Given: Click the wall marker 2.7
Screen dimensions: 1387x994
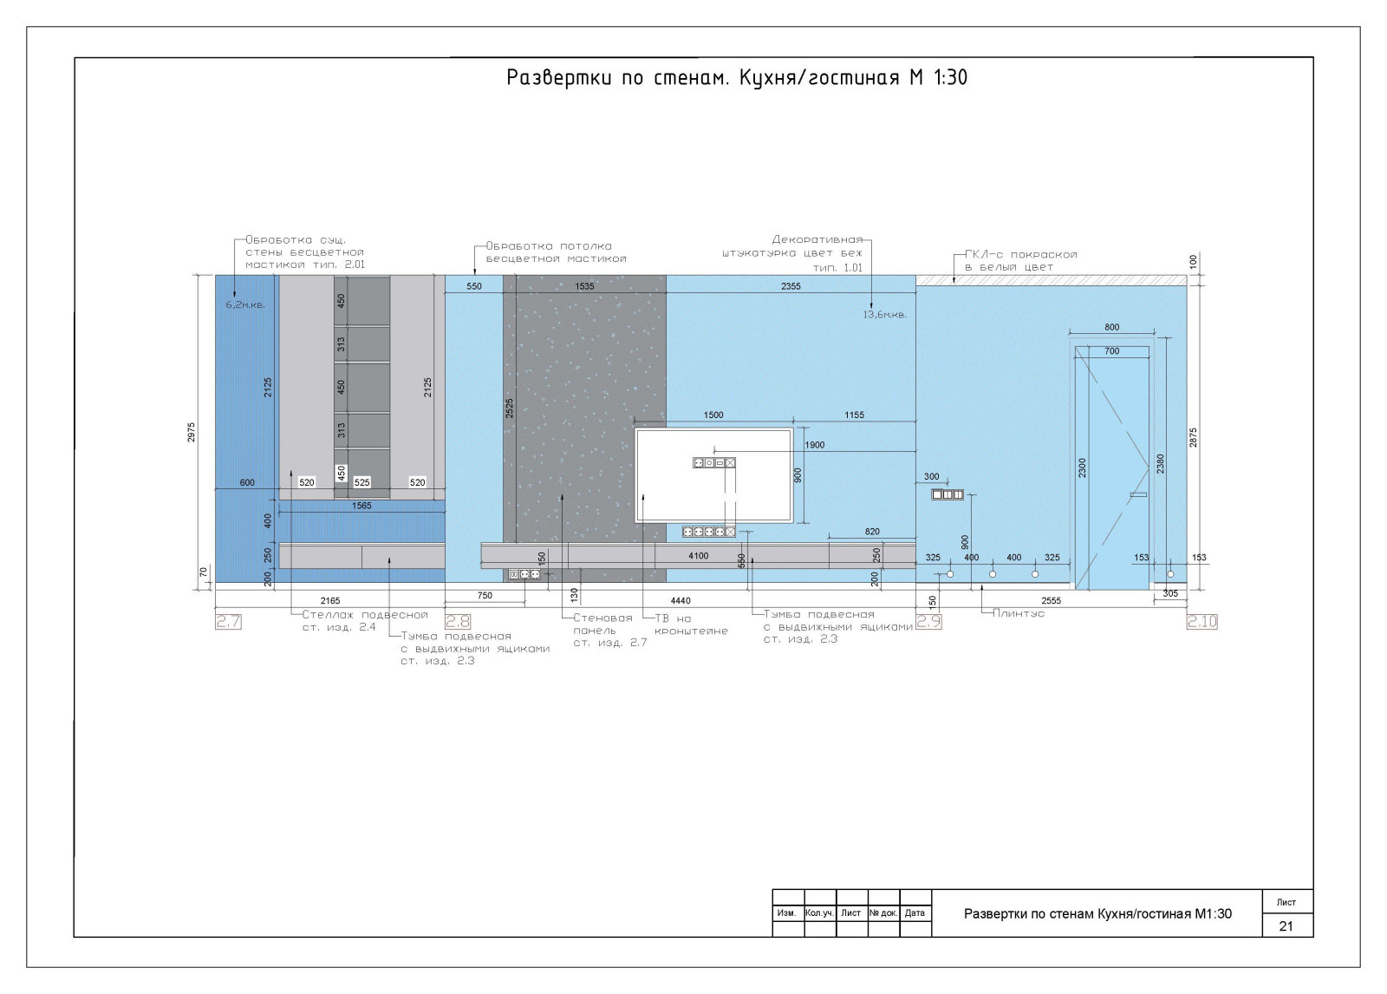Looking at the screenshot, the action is point(229,622).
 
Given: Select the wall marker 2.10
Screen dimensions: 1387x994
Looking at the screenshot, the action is point(1201,622).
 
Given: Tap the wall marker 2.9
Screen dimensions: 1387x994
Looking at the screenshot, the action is point(928,622).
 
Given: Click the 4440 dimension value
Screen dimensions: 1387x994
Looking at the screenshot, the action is point(680,600).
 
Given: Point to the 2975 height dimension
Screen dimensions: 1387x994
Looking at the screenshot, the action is point(192,432).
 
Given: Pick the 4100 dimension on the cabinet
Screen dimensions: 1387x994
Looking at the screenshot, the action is point(699,556).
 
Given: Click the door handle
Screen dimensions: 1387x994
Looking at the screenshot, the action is point(1138,494).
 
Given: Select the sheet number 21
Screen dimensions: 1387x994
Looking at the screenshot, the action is point(1286,926).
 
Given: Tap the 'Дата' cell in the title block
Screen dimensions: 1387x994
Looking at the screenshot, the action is point(915,912).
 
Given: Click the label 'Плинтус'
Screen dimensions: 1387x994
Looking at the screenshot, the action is point(1019,613).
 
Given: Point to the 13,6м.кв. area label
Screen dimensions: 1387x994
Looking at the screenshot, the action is point(885,315).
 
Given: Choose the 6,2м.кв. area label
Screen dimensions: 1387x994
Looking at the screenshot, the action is point(245,305).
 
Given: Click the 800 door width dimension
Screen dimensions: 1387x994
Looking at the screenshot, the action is point(1112,327).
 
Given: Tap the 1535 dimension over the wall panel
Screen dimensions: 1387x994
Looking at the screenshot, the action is point(584,286).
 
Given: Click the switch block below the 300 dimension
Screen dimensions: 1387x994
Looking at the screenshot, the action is point(947,494).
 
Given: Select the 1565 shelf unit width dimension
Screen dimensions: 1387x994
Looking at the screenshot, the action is point(361,506).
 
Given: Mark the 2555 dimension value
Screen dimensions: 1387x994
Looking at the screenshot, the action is point(1052,600).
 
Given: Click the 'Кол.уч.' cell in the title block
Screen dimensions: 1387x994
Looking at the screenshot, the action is point(820,912).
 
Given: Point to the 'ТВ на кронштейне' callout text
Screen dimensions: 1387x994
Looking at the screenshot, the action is point(691,625).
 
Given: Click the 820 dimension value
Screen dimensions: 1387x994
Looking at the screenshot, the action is point(872,532).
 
